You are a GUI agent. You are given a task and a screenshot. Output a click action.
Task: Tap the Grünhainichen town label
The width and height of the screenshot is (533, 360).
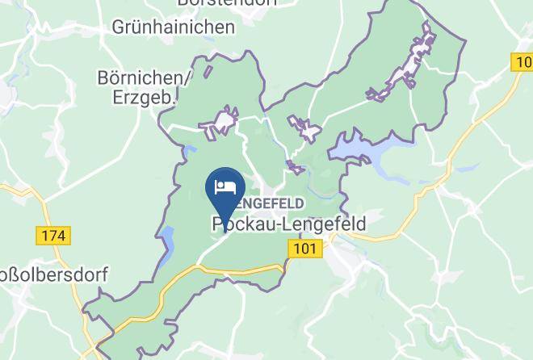tap(174, 27)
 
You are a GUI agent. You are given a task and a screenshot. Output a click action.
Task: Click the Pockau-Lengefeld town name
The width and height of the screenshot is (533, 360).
tap(289, 224)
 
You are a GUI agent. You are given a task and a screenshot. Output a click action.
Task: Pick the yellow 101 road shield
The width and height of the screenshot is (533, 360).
tap(304, 249)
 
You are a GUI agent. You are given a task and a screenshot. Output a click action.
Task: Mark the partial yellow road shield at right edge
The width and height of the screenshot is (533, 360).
tap(523, 61)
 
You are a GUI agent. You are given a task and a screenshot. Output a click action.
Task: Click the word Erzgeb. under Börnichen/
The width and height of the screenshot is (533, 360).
tap(145, 98)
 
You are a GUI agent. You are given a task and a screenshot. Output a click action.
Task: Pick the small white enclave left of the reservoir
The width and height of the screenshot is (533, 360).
tap(304, 129)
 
